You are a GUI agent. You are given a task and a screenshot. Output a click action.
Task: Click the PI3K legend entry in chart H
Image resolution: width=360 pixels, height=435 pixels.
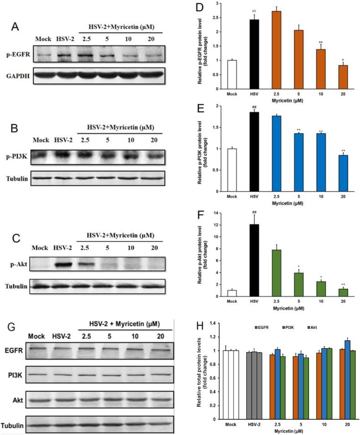(295, 327)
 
